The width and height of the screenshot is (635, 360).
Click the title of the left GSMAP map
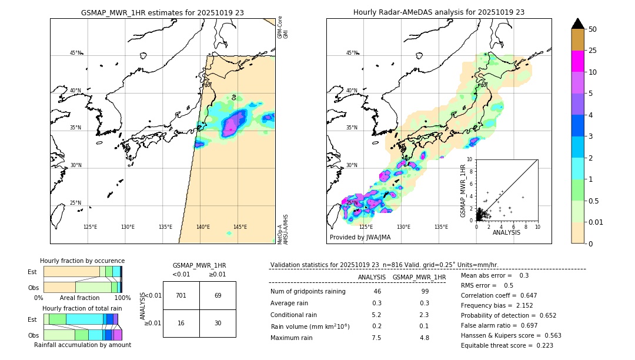[162, 12]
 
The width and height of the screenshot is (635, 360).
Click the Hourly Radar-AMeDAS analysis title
[439, 12]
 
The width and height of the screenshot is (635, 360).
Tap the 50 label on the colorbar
[593, 29]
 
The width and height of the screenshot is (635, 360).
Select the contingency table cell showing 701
[181, 295]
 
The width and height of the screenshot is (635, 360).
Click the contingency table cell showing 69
[218, 295]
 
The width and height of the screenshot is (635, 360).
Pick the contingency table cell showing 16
[181, 323]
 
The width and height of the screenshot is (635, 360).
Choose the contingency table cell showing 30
[218, 323]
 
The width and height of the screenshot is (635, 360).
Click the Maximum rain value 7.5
[376, 338]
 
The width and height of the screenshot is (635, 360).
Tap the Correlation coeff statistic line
[499, 295]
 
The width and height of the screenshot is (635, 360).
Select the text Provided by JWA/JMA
[360, 237]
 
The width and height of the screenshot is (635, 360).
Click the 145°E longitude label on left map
[240, 227]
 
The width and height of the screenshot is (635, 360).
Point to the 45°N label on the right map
[352, 53]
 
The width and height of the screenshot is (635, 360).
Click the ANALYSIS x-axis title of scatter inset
[506, 232]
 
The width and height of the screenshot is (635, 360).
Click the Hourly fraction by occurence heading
[82, 261]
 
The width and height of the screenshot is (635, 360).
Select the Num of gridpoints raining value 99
[425, 292]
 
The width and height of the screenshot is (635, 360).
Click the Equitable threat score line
[507, 345]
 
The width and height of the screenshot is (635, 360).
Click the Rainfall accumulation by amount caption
[82, 345]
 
